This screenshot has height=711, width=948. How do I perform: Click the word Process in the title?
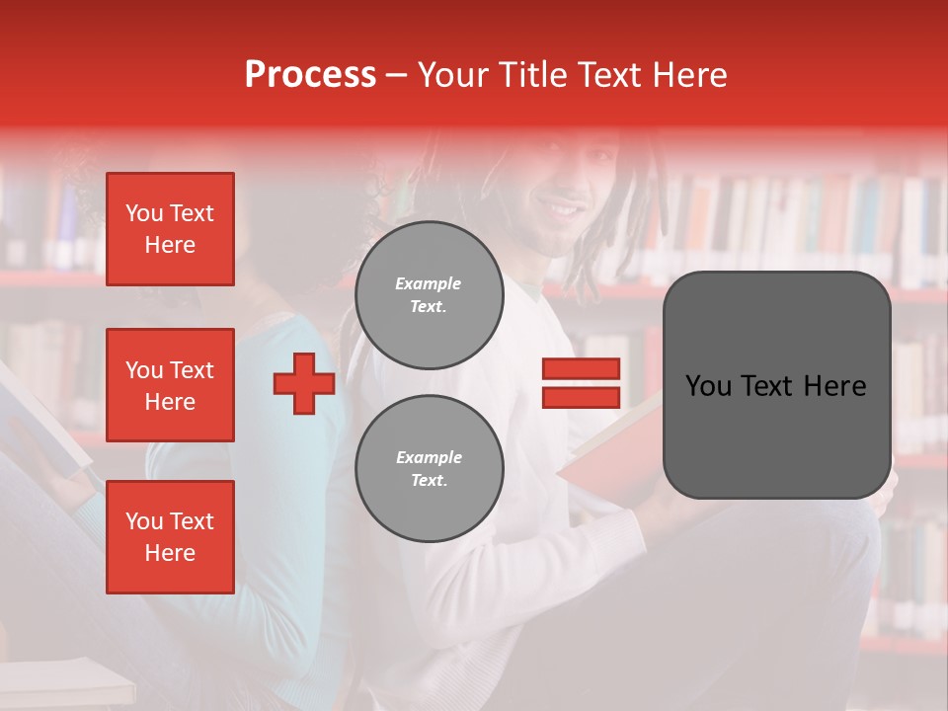pyautogui.click(x=310, y=75)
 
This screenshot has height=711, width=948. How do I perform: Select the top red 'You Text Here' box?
pyautogui.click(x=170, y=229)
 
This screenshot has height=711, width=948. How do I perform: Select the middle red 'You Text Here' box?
pyautogui.click(x=170, y=385)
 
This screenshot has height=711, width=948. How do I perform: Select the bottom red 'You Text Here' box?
pyautogui.click(x=170, y=536)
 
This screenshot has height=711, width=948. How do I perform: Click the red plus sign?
pyautogui.click(x=304, y=384)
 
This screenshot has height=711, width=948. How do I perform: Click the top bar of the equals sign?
pyautogui.click(x=581, y=369)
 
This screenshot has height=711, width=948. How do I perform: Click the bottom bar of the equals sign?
pyautogui.click(x=581, y=398)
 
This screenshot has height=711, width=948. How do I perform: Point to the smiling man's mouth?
pyautogui.click(x=565, y=210)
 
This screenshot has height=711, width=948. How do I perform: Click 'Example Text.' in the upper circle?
pyautogui.click(x=429, y=294)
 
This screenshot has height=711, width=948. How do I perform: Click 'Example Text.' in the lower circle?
pyautogui.click(x=429, y=468)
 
